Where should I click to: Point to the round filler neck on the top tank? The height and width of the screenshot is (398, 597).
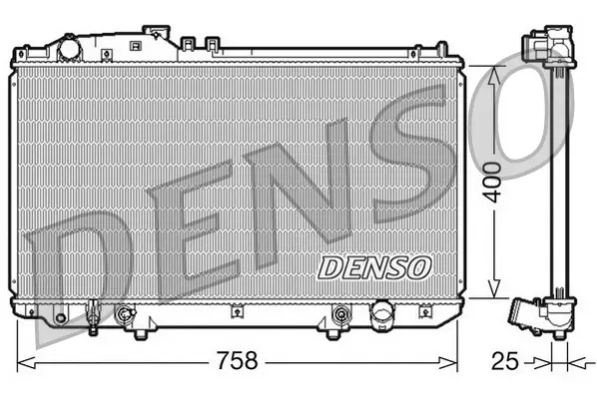pyautogui.click(x=69, y=47)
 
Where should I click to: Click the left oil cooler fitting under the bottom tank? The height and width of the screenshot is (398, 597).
pyautogui.click(x=125, y=316)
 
